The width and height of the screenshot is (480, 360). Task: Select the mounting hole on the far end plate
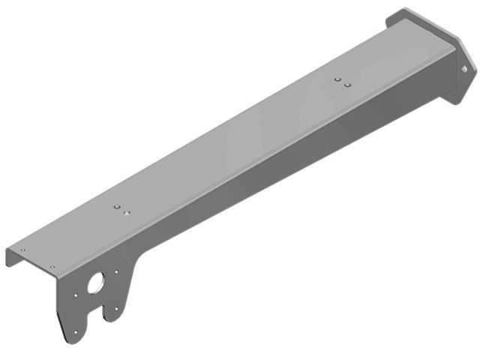point(464,69)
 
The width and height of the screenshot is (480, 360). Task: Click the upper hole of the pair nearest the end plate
point(338,78)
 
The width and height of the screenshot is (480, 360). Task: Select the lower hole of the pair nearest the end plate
point(347,85)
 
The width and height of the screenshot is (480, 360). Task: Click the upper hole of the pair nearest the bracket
point(116,205)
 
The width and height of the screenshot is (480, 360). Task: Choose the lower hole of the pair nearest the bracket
point(126,212)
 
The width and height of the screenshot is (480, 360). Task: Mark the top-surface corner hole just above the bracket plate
point(52,267)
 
